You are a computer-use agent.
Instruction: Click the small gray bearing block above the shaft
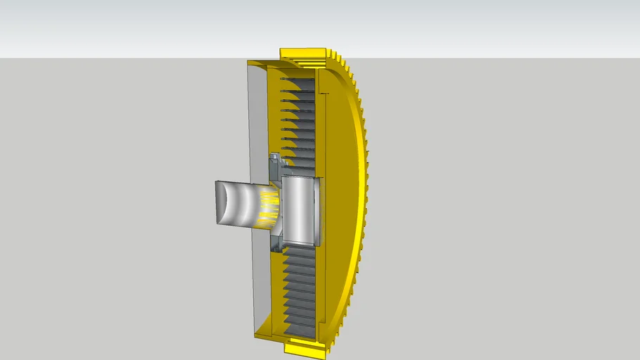point(274,166)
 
